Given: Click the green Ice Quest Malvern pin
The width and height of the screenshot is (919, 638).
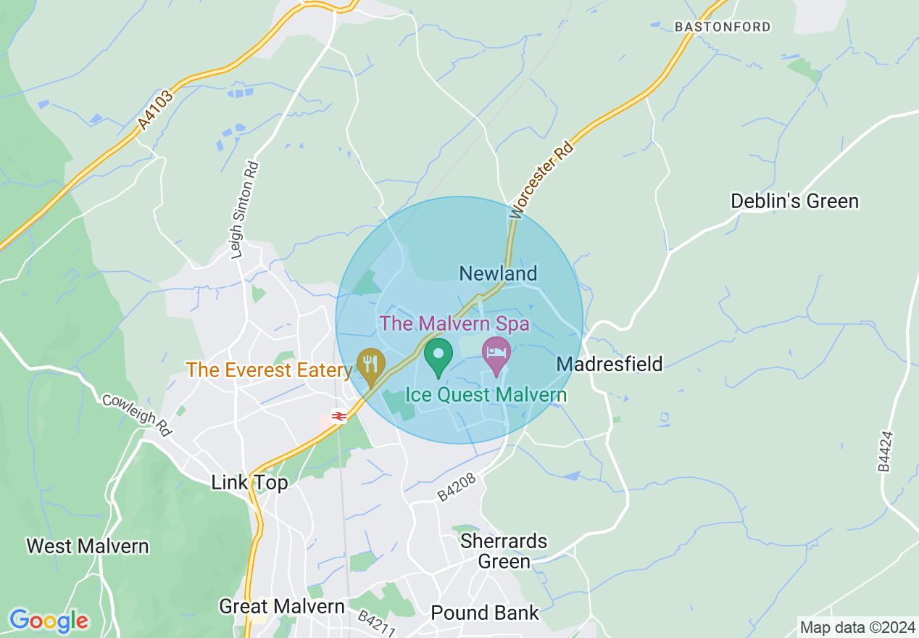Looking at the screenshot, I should (x=438, y=356).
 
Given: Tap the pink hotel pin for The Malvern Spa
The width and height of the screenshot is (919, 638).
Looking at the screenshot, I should (x=496, y=354).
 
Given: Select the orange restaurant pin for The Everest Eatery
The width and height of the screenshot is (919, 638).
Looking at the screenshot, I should (x=371, y=365).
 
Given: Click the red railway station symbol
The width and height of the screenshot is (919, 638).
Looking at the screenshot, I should (x=338, y=415).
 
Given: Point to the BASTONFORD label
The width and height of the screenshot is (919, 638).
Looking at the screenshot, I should (x=723, y=27).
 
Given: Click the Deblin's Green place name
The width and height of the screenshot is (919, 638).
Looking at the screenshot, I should (x=794, y=201).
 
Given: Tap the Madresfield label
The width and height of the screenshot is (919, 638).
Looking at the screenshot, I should (x=610, y=364).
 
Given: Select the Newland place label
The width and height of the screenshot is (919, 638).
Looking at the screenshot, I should (x=499, y=273).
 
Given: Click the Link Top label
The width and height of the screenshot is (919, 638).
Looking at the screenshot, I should (x=249, y=483).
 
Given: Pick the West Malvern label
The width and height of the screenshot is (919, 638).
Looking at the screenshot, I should (x=88, y=546).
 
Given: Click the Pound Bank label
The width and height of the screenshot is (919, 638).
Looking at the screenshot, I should (x=485, y=613).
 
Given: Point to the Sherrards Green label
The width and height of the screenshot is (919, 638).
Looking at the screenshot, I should (x=505, y=551).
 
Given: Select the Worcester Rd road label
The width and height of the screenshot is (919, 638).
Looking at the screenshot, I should (x=542, y=180).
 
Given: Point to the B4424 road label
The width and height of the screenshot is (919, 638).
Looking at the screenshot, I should (x=886, y=451).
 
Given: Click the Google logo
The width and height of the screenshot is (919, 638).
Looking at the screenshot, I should (x=49, y=621).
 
